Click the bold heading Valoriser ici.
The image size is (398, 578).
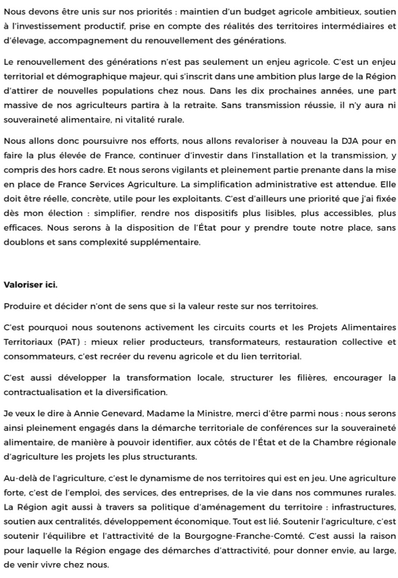(x=31, y=285)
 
